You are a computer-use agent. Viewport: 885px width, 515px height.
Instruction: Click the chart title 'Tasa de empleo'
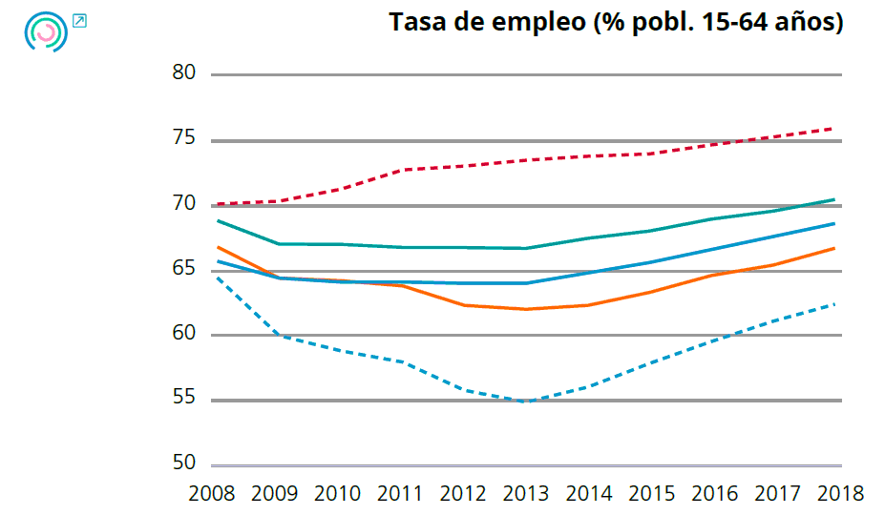[x=616, y=22]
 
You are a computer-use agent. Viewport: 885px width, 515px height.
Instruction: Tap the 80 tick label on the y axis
[x=184, y=73]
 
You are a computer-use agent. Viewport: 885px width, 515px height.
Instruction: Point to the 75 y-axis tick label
[x=184, y=139]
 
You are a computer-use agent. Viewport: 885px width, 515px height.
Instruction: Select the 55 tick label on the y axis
[x=184, y=399]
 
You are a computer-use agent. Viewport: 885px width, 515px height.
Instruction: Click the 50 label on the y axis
[x=184, y=463]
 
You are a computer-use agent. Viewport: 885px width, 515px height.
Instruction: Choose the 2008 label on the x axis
[x=213, y=494]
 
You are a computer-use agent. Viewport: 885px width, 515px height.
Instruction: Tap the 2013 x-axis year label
[x=527, y=494]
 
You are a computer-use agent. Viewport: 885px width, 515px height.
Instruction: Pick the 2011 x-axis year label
[x=401, y=494]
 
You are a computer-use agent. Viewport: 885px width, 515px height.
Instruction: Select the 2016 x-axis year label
[x=715, y=494]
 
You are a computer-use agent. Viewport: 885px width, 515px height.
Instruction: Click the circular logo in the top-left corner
[x=46, y=32]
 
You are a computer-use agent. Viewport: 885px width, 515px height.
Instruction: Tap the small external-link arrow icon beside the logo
[x=80, y=20]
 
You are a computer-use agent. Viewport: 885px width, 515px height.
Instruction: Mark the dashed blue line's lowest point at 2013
[x=527, y=402]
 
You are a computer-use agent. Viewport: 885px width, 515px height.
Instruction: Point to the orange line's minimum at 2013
[x=527, y=309]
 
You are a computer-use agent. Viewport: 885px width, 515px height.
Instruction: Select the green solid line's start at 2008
[x=218, y=220]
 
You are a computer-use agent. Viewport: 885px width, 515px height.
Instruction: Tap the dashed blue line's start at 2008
[x=218, y=277]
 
